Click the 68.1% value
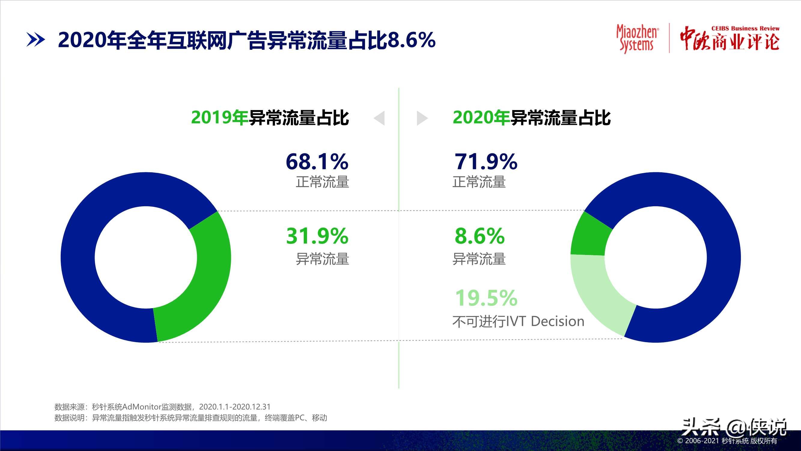[317, 161]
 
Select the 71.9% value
[486, 161]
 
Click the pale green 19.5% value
[486, 298]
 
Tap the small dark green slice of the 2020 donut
[589, 237]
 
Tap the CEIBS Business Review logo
[729, 38]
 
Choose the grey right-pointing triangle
[422, 118]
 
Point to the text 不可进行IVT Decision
[518, 321]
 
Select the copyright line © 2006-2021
[727, 441]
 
